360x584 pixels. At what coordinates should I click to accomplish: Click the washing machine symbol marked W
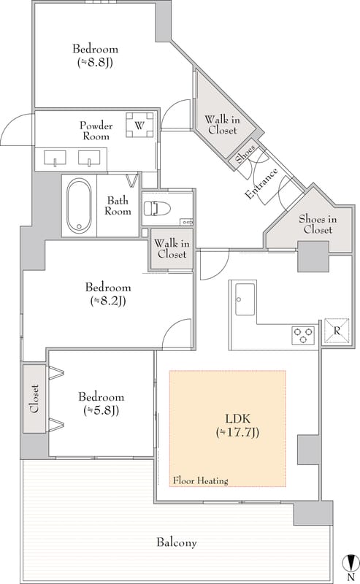(139, 125)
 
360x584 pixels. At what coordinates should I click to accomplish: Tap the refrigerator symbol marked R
(337, 331)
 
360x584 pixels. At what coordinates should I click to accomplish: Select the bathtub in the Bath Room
(79, 205)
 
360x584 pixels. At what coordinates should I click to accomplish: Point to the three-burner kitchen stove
(302, 334)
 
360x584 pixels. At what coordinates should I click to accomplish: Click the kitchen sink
(245, 299)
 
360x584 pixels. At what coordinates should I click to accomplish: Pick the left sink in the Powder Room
(55, 158)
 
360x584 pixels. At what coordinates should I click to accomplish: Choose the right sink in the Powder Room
(89, 158)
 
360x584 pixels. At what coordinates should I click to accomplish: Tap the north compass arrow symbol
(351, 562)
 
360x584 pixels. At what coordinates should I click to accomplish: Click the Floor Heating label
(200, 480)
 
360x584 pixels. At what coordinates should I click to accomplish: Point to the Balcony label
(177, 542)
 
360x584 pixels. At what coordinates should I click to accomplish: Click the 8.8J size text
(95, 62)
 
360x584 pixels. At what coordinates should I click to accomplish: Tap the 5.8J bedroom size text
(102, 410)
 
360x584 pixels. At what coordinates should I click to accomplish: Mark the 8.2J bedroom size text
(108, 301)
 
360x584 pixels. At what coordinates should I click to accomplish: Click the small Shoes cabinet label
(245, 153)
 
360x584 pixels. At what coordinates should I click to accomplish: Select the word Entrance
(261, 184)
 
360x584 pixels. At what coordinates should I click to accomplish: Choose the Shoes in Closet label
(318, 224)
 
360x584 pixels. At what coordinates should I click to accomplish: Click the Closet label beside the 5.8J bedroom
(34, 399)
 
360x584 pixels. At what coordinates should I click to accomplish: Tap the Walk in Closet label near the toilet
(172, 249)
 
